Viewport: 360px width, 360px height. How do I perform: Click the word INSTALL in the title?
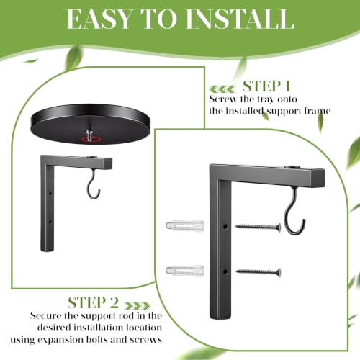240,19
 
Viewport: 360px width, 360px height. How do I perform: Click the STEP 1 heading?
266,86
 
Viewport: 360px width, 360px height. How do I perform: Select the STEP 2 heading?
93,302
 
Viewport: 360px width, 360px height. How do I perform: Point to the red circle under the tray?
91,140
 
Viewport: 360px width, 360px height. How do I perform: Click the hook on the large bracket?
295,211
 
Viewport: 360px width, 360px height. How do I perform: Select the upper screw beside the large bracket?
258,227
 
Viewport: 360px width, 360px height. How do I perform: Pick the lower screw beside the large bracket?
258,272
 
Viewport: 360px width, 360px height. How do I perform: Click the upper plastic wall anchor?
185,225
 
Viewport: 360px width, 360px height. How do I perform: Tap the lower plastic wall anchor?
185,271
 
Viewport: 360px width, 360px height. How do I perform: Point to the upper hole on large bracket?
225,226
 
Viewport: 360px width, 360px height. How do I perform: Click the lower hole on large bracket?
225,272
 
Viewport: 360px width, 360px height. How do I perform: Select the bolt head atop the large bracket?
292,167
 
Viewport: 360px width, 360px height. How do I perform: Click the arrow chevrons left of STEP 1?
222,89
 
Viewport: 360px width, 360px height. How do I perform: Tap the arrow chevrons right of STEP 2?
137,305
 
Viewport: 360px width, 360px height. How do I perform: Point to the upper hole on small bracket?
50,193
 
